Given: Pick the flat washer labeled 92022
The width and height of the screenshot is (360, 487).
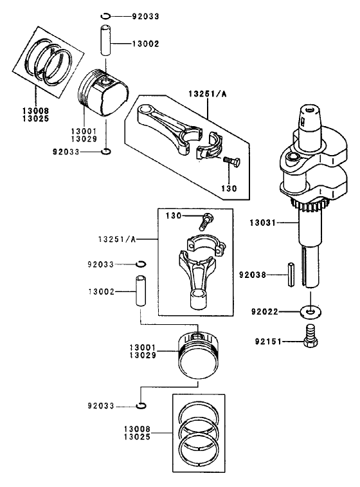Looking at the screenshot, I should [310, 312].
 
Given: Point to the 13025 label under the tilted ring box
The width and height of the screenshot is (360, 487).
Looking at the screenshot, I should [26, 119].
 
